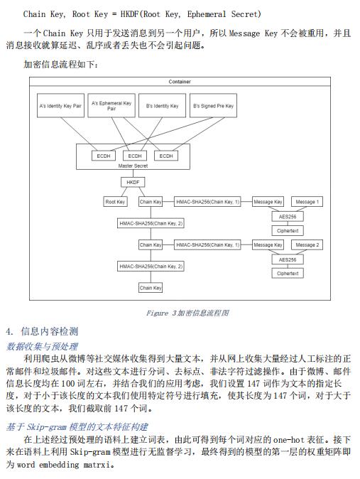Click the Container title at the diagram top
(x=180, y=82)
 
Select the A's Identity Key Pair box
(x=60, y=105)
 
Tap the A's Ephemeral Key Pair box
(x=111, y=105)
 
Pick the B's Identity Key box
(x=162, y=105)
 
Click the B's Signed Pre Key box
(x=213, y=105)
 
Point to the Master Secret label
(x=133, y=166)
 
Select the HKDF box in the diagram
(x=133, y=182)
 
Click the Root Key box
(x=115, y=202)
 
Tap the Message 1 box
(x=307, y=202)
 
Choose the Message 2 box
(x=307, y=244)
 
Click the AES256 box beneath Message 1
(x=288, y=217)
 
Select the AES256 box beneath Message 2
(x=288, y=259)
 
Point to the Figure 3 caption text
(x=187, y=313)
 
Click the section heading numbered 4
(x=42, y=331)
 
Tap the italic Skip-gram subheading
(x=77, y=426)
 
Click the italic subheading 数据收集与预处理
(x=42, y=346)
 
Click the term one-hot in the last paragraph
(x=288, y=440)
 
